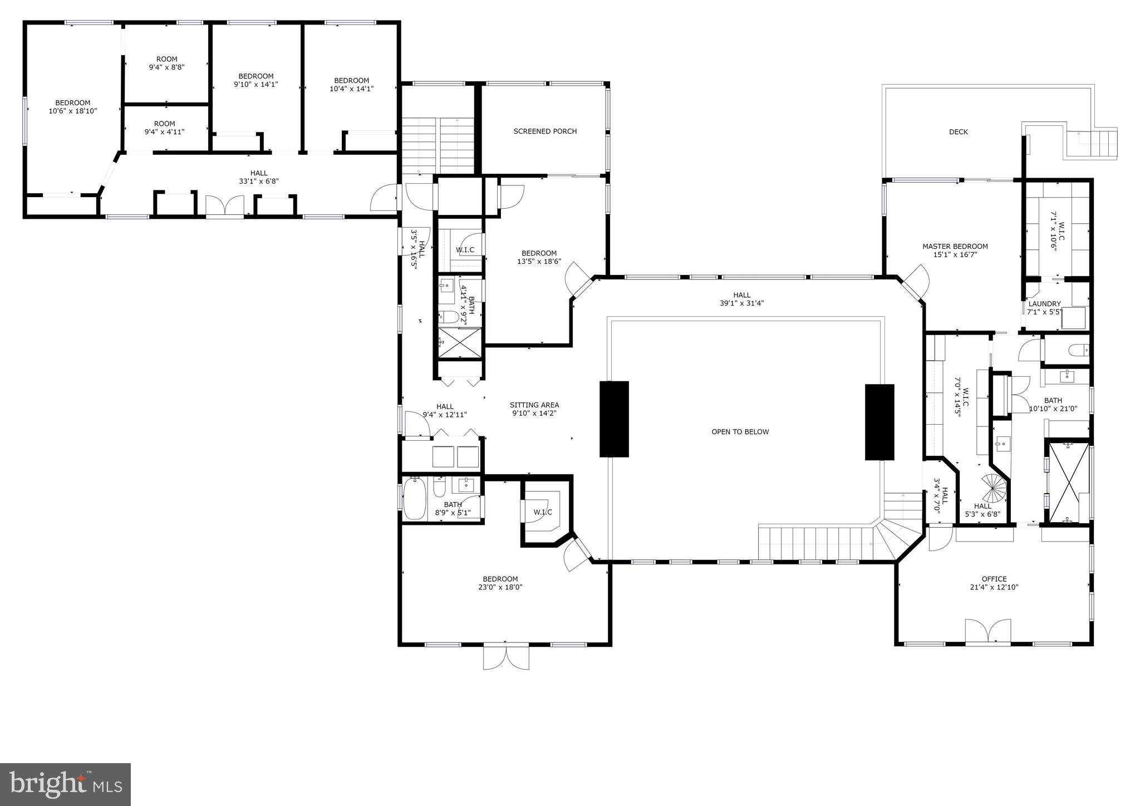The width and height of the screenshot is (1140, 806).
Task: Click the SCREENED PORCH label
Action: point(545,131)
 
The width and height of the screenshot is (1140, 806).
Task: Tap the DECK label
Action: point(959,132)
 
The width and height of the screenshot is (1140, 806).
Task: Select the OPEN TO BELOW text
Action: point(740,432)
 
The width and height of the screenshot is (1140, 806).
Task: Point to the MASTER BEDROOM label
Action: point(955,247)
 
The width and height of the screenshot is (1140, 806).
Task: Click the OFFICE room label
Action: point(994,579)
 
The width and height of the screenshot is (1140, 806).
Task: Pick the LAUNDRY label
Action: point(1044,304)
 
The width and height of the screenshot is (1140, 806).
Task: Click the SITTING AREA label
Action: point(534,405)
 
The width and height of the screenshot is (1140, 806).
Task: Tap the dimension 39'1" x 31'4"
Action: point(741,303)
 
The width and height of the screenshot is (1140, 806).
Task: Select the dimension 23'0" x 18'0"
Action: point(500,587)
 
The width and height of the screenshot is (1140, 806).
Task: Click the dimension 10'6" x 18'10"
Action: point(72,111)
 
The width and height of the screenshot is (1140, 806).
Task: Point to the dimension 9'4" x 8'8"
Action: point(166,67)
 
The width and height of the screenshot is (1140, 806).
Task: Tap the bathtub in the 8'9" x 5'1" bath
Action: point(414,498)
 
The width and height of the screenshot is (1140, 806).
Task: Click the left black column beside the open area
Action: point(614,419)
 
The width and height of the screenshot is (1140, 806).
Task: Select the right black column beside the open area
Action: point(879,422)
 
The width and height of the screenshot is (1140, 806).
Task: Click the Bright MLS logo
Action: point(65,784)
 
